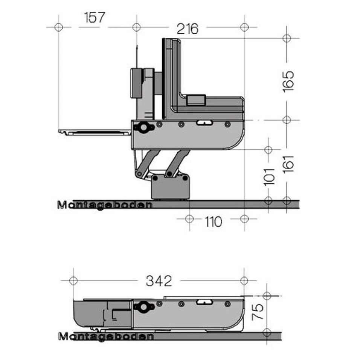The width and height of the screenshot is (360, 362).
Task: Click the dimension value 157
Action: click(x=94, y=18)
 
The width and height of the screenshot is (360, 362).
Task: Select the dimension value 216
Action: click(x=187, y=29)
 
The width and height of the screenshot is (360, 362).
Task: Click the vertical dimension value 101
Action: click(x=269, y=174)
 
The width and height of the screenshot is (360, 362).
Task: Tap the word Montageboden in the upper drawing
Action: click(x=105, y=205)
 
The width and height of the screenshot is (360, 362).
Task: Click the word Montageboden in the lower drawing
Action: click(x=106, y=336)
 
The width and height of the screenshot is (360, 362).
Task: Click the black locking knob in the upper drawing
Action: click(x=143, y=127)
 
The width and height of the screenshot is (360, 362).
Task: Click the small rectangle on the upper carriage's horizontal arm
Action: click(x=196, y=100)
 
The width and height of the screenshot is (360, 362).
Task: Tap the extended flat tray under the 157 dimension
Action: click(x=94, y=132)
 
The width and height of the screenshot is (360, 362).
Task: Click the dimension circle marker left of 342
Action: click(x=73, y=281)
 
